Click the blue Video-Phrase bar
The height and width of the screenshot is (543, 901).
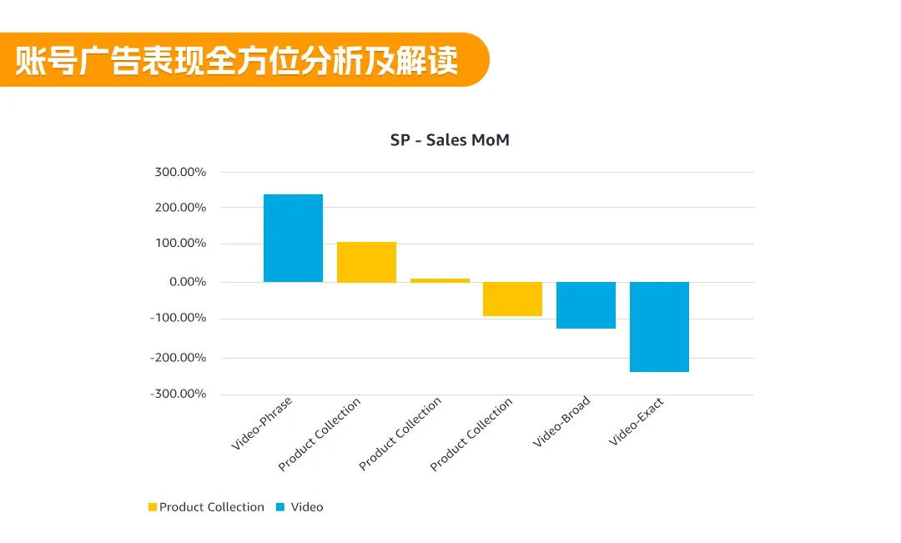(293, 238)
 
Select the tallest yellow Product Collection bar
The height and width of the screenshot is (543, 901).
(366, 262)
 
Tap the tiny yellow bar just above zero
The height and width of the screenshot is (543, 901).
(440, 280)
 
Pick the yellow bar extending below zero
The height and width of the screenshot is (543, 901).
(512, 299)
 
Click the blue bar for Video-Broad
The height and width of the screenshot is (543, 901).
(586, 305)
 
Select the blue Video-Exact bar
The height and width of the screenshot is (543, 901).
(659, 327)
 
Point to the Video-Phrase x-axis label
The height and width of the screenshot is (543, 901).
(262, 423)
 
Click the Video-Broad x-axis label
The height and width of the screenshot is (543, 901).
(561, 421)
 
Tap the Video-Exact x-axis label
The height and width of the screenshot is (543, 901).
(637, 421)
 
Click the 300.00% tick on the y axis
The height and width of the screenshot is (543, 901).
(180, 172)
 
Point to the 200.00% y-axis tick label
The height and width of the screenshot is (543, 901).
(180, 207)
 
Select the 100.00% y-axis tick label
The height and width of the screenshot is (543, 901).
(180, 244)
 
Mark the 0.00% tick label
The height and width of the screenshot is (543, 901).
(188, 282)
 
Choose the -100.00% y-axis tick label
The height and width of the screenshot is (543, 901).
(178, 318)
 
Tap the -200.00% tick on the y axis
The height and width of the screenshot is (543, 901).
(178, 357)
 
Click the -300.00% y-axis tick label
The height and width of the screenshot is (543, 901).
(178, 394)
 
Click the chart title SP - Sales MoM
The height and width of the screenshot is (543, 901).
(450, 140)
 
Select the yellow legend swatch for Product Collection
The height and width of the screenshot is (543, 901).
(153, 507)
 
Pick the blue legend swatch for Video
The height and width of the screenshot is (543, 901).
(279, 507)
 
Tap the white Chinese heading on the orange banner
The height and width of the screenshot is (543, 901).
(237, 61)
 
